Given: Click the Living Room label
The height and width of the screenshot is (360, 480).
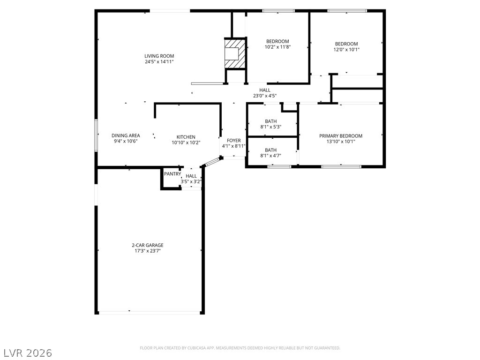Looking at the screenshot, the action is click(x=159, y=56).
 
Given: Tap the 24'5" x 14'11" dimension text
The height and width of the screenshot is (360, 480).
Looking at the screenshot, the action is click(x=159, y=61).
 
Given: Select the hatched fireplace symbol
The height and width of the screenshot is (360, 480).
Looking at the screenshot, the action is click(x=235, y=53).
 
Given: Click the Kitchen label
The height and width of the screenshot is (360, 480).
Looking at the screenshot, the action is click(x=186, y=137).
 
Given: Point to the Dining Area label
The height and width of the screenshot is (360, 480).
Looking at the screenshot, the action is click(x=126, y=135).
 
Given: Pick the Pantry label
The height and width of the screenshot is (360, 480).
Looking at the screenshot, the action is click(x=172, y=174).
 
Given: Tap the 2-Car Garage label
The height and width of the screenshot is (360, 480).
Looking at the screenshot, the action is click(x=148, y=245).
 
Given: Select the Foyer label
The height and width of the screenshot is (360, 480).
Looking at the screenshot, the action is click(x=233, y=141).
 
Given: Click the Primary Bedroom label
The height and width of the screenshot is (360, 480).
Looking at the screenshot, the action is click(x=341, y=136).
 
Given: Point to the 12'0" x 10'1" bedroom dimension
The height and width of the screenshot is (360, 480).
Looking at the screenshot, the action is click(x=346, y=49).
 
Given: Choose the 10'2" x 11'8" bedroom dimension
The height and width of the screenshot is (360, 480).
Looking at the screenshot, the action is click(x=277, y=47).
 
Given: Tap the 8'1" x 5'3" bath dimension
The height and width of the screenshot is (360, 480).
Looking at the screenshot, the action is click(x=270, y=127).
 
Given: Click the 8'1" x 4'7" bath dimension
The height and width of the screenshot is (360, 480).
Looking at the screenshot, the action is click(x=270, y=156).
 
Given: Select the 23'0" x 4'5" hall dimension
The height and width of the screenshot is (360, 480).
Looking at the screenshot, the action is click(x=265, y=96).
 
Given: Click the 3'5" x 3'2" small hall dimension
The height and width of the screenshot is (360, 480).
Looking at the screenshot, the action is click(x=191, y=181).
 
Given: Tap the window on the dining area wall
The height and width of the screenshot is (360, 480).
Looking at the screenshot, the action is click(x=96, y=135).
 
